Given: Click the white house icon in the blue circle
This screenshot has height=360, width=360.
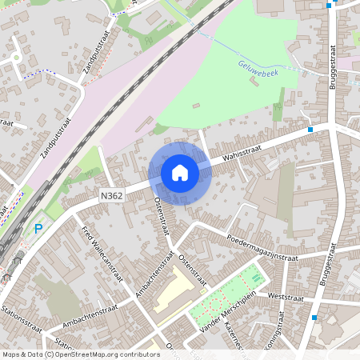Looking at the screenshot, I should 180,172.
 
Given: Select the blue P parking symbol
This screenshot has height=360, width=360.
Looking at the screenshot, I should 38,230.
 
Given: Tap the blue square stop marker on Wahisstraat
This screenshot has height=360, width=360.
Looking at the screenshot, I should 310,130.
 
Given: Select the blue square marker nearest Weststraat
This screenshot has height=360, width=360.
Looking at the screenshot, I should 314,318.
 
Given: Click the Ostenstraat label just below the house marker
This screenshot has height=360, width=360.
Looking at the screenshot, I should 162,216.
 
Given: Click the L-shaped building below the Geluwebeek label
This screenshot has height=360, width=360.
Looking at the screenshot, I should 280,106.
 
